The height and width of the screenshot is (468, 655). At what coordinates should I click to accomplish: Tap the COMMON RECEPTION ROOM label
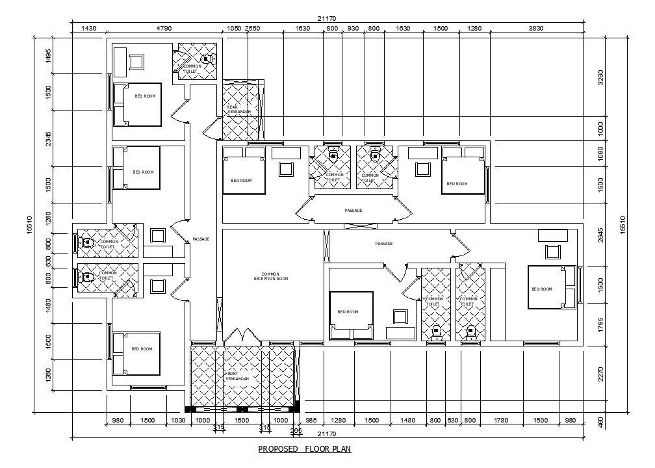pos(270,276)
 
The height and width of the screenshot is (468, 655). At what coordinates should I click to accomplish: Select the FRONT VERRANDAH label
pos(237,376)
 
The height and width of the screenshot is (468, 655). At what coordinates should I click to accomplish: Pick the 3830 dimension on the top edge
pos(535,29)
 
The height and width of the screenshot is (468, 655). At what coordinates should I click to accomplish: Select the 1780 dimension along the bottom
pos(501,421)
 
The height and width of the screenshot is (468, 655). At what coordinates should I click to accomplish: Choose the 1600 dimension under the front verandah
pos(242,421)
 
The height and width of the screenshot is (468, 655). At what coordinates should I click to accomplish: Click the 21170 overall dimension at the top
pos(327,18)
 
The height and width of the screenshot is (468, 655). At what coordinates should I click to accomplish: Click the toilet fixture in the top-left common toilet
pos(207,58)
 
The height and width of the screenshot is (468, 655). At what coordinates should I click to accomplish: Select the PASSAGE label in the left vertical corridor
pos(201,239)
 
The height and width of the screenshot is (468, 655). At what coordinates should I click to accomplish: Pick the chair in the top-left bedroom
pos(137,62)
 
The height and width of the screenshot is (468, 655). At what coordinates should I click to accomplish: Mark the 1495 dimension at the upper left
pos(47,57)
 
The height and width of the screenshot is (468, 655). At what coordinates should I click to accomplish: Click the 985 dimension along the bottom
pos(311,421)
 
